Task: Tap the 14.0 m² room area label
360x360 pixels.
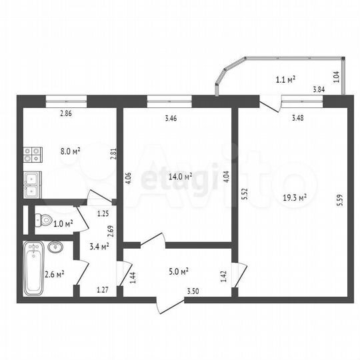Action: [x=180, y=177]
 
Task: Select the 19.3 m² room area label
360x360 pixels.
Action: [x=293, y=197]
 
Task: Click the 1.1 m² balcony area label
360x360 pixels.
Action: [x=286, y=80]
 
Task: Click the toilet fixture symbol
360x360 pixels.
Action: [x=44, y=219]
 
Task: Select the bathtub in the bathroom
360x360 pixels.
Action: [x=33, y=269]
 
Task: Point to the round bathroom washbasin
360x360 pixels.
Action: [x=55, y=249]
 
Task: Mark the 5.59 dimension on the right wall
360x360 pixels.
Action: [x=340, y=199]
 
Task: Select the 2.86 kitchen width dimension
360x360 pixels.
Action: [x=65, y=114]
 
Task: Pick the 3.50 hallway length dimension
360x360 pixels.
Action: [x=193, y=291]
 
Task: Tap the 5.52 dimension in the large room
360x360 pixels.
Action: [x=245, y=194]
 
